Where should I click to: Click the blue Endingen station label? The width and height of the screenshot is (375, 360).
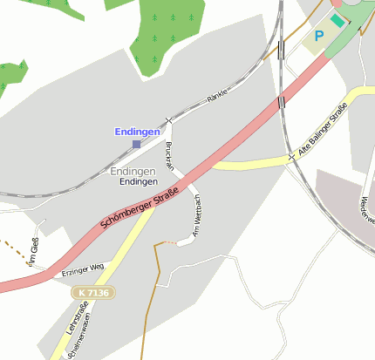[x=138, y=132]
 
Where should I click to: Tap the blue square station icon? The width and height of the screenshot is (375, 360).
[x=136, y=144]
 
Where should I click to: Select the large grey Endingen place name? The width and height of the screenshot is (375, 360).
[x=133, y=171]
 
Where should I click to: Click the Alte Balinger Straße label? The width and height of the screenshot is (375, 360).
[x=323, y=132]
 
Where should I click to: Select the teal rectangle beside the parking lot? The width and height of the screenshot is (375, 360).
[x=337, y=20]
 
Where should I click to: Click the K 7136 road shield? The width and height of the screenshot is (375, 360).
[x=92, y=293]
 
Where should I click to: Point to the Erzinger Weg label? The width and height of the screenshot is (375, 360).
[x=84, y=269]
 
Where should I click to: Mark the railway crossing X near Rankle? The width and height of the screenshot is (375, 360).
[x=169, y=119]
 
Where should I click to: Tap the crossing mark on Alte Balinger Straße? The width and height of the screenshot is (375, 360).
[x=291, y=157]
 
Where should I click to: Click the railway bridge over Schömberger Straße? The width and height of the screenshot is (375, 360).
[x=281, y=103]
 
